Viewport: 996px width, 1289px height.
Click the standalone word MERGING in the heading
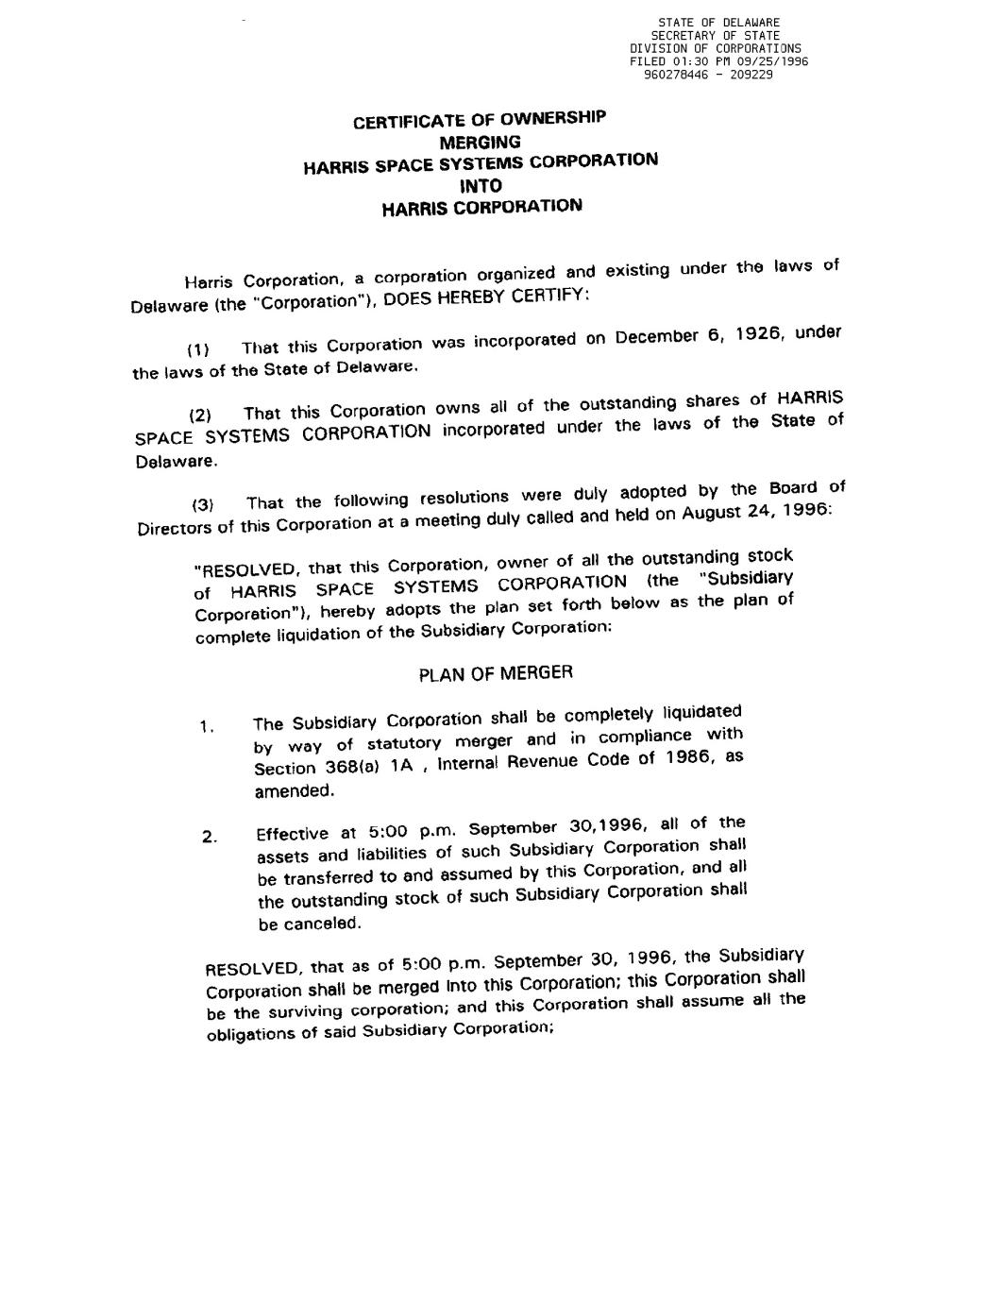tap(481, 143)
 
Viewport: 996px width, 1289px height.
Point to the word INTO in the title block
tap(481, 185)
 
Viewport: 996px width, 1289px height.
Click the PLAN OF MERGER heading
tap(495, 673)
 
